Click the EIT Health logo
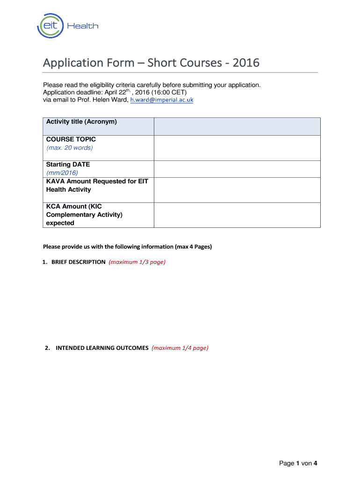[68, 26]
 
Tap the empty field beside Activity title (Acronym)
[237, 126]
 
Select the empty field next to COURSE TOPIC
[237, 148]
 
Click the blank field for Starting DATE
[237, 169]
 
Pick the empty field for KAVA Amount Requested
[237, 190]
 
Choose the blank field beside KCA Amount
[237, 215]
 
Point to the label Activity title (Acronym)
[81, 122]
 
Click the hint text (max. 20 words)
[69, 148]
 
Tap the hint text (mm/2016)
[62, 173]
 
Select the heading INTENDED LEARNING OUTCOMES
[102, 348]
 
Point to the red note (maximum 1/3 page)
[137, 262]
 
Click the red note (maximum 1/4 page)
[180, 348]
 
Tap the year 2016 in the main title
[245, 63]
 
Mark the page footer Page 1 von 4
[298, 463]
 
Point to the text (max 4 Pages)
[194, 247]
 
